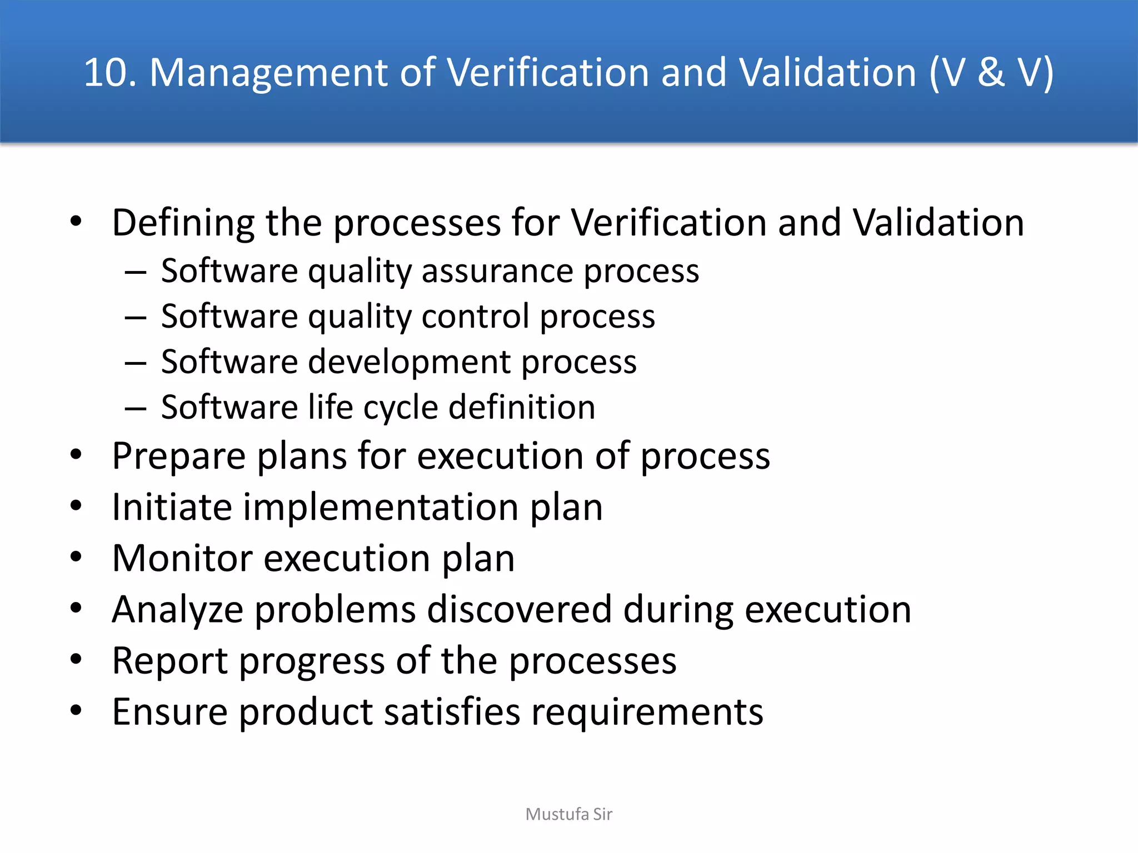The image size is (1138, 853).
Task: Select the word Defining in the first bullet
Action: coord(183,223)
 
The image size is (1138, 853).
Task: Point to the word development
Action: coord(408,362)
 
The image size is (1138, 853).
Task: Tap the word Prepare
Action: coord(178,457)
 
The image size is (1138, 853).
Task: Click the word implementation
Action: coord(381,508)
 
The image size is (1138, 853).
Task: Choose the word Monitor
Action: coord(182,558)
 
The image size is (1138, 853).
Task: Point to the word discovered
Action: coord(519,609)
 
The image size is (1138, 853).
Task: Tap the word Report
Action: coord(169,661)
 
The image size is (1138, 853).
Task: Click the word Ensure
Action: coord(169,712)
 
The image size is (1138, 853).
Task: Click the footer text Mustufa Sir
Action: coord(568,814)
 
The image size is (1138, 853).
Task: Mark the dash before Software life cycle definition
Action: coord(136,409)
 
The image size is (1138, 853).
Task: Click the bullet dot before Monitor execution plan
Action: coord(76,556)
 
